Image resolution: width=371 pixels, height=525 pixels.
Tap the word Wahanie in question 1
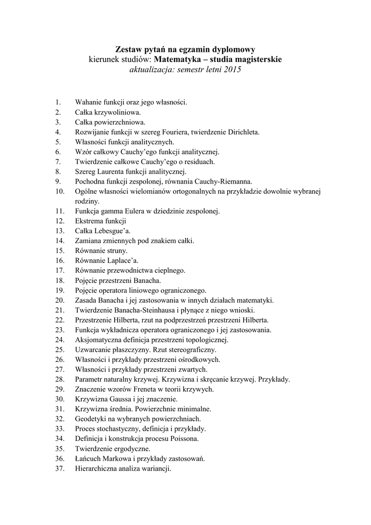tap(88, 102)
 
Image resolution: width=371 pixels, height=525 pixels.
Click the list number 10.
tap(59, 191)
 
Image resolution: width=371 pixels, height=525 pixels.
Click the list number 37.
tap(59, 469)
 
